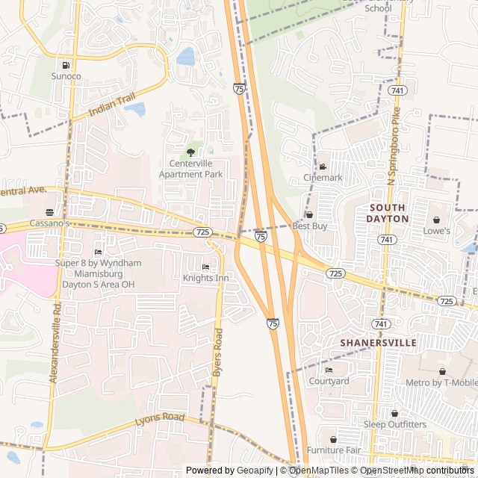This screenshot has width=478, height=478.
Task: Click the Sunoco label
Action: pyautogui.click(x=66, y=76)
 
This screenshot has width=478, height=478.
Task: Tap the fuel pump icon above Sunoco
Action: pyautogui.click(x=66, y=65)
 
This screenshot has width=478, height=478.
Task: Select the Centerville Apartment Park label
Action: pyautogui.click(x=190, y=169)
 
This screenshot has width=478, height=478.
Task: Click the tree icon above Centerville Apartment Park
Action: pyautogui.click(x=190, y=152)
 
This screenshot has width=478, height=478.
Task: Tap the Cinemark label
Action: pyautogui.click(x=323, y=178)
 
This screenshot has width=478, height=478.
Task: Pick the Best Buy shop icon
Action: pyautogui.click(x=309, y=215)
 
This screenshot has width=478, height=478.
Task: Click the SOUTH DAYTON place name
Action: pyautogui.click(x=387, y=213)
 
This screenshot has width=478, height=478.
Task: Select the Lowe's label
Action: pyautogui.click(x=437, y=231)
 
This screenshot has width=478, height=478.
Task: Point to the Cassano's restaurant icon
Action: pyautogui.click(x=49, y=213)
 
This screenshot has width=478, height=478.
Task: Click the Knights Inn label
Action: pyautogui.click(x=205, y=278)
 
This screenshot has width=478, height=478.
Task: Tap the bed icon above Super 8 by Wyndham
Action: pyautogui.click(x=98, y=252)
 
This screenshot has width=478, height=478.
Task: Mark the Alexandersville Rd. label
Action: pyautogui.click(x=55, y=343)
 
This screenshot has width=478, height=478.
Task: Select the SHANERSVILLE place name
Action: pyautogui.click(x=378, y=342)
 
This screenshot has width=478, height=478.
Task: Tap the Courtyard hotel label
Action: pyautogui.click(x=329, y=381)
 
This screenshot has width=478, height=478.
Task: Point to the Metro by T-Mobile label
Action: pyautogui.click(x=441, y=383)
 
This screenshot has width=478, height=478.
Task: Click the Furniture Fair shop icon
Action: pyautogui.click(x=333, y=439)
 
